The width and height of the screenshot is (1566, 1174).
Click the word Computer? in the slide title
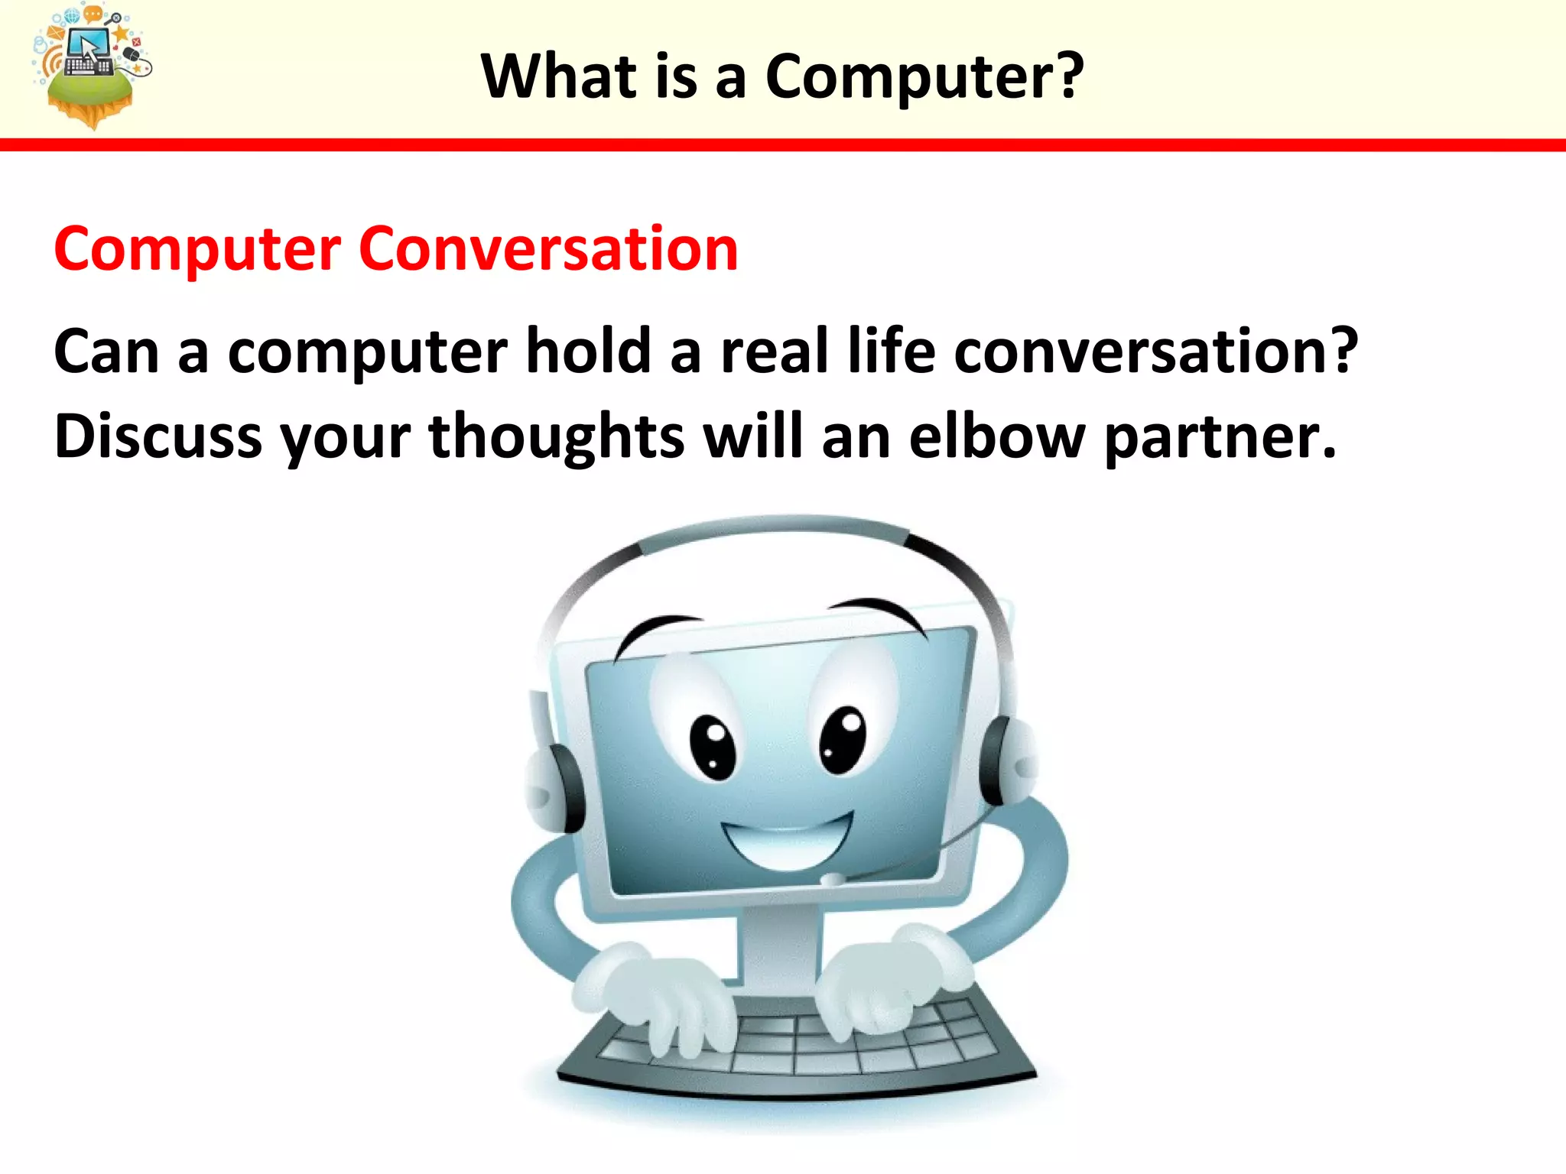[924, 76]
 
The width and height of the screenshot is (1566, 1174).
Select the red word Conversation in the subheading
[548, 249]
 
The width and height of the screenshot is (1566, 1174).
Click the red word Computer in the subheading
[197, 251]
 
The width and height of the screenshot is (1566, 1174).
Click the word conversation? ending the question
[1155, 351]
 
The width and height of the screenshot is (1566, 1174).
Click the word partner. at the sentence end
[1220, 438]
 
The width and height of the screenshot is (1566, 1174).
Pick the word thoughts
[556, 438]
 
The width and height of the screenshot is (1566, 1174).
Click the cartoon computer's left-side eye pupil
[713, 748]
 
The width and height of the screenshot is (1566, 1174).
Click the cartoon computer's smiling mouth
[788, 843]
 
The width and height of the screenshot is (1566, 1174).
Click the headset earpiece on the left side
[555, 787]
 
